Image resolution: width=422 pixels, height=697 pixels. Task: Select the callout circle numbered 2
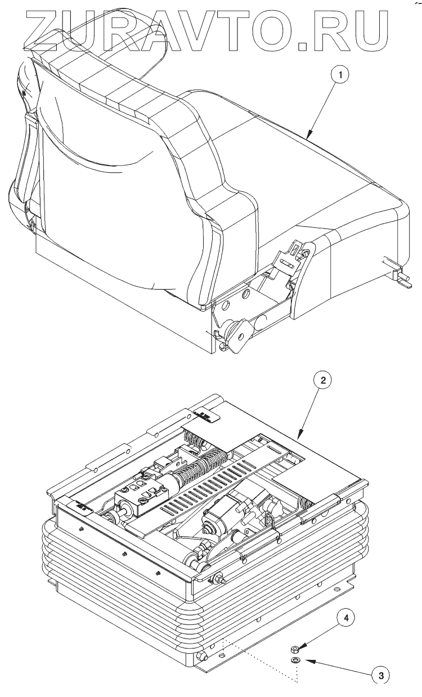pos(322,381)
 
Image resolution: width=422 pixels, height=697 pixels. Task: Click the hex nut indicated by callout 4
pos(296,649)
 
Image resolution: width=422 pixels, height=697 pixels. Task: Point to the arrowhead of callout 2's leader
pos(298,438)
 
